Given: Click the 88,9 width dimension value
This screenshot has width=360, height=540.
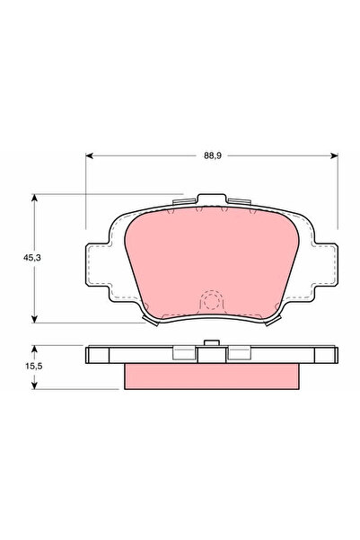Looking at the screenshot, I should click(211, 155).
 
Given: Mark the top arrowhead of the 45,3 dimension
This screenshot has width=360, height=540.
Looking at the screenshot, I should click(35, 197).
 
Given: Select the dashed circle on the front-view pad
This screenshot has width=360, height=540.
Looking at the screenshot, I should click(211, 302).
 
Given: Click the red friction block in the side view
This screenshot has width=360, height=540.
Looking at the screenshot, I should click(211, 376).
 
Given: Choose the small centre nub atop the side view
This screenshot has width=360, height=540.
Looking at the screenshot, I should click(211, 344).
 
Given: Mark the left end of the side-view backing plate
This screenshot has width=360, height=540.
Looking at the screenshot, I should click(92, 355).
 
